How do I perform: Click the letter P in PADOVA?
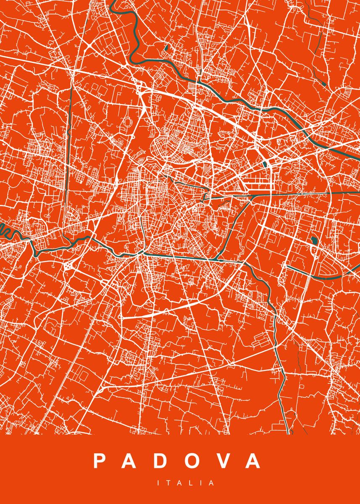tap(100, 461)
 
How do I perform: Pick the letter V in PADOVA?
tap(225, 461)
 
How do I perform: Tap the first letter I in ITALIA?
tap(158, 483)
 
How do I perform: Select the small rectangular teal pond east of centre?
tap(265, 164)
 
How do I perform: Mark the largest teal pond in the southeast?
tap(314, 241)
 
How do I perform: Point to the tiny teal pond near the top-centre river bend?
tap(166, 48)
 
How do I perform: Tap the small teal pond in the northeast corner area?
tap(324, 84)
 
